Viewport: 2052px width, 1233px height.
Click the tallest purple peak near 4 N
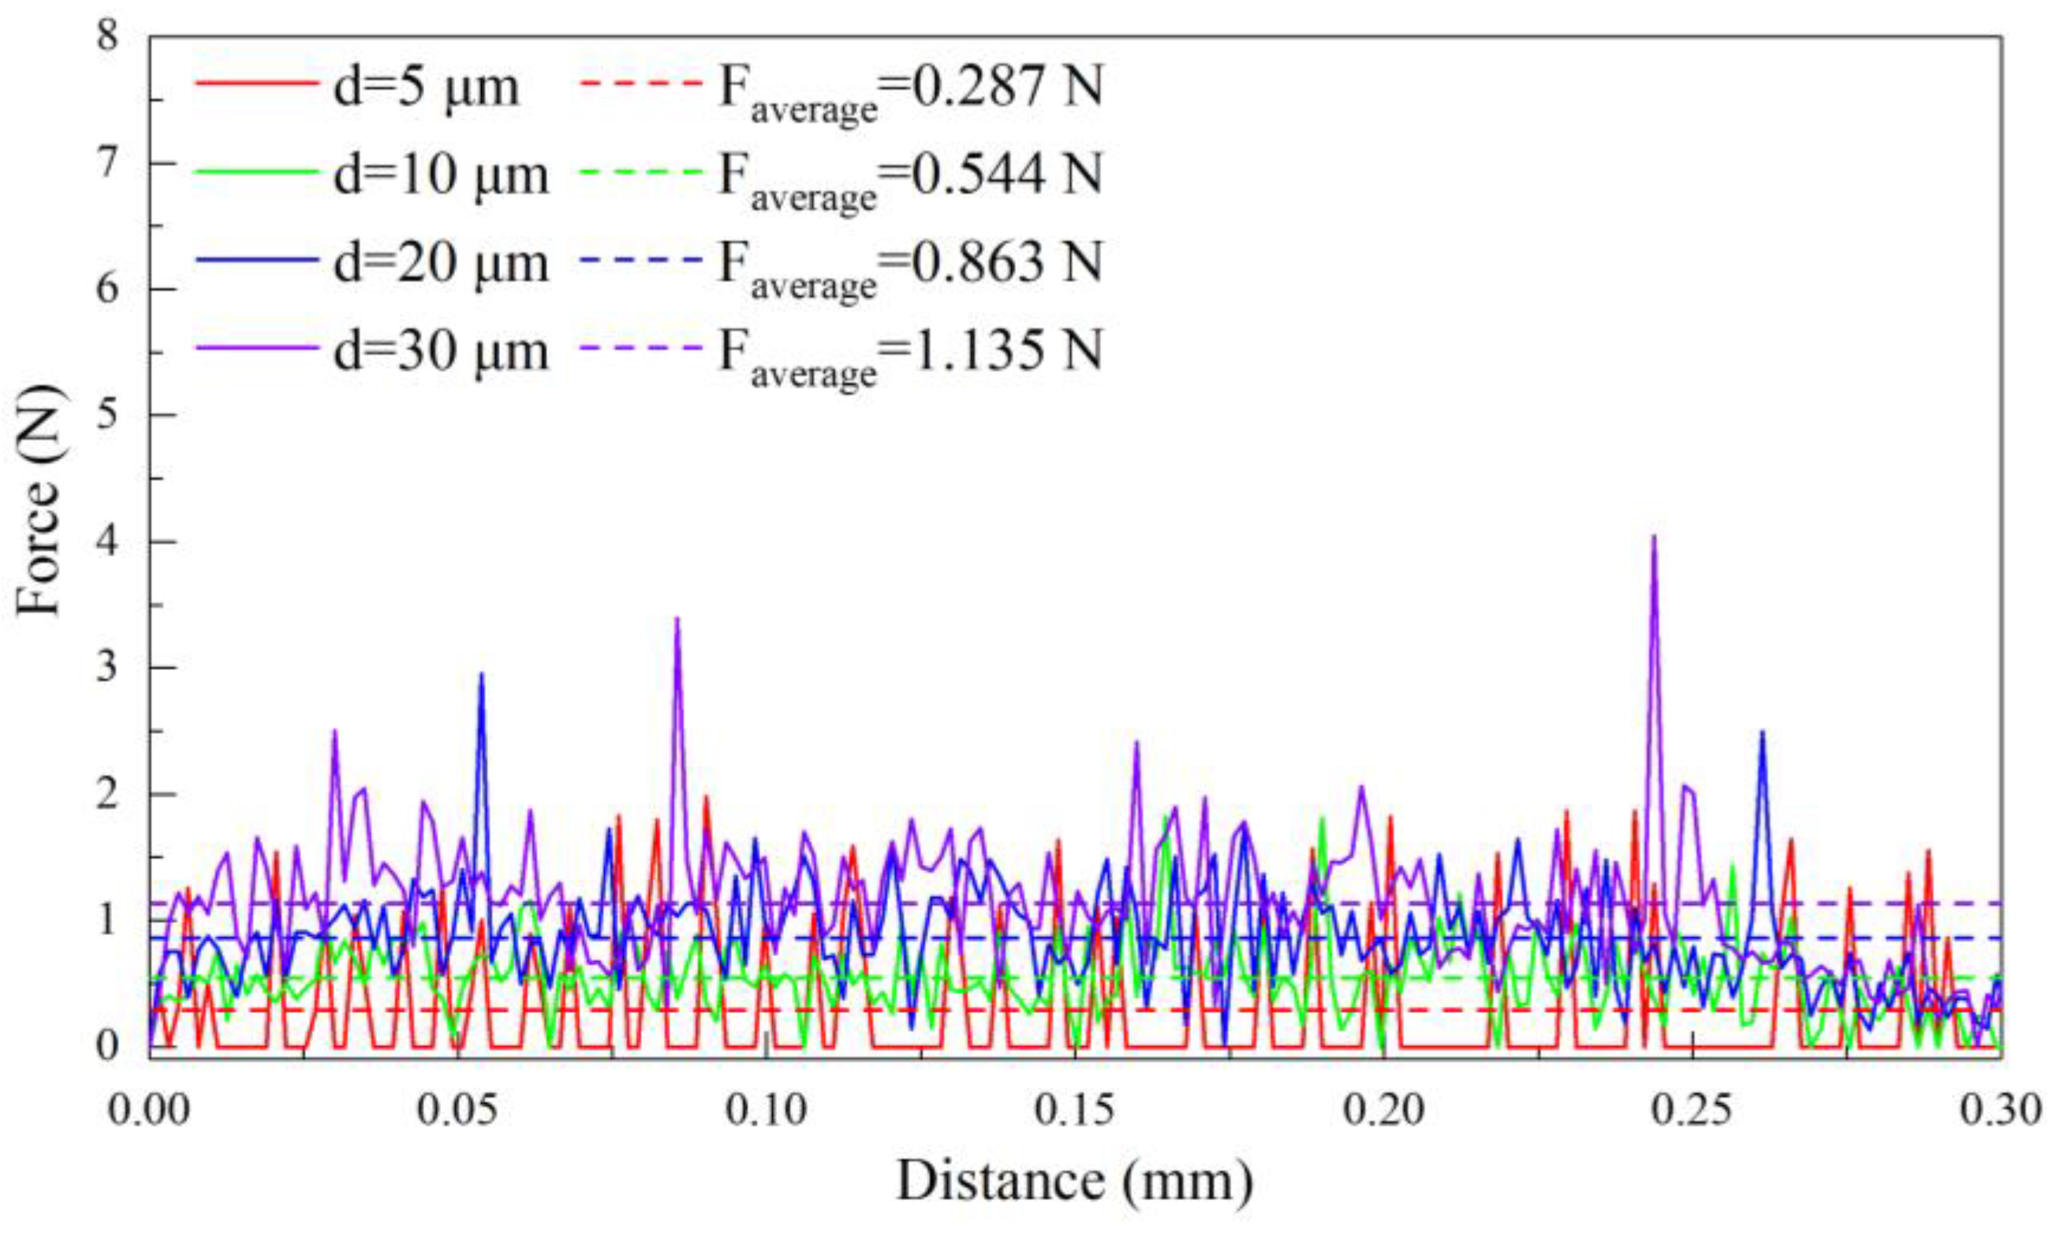pos(1653,538)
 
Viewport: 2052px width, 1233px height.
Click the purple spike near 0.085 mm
pos(677,620)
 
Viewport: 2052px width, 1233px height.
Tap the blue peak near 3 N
pos(480,676)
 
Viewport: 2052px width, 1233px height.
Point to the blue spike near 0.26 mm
pos(1761,734)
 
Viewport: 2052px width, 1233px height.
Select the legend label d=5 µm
pos(427,86)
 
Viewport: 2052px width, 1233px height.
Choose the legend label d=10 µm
pos(441,174)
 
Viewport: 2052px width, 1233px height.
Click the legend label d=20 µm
pos(441,263)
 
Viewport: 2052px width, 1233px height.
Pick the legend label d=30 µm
pos(441,351)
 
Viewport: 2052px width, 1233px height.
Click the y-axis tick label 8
pos(108,36)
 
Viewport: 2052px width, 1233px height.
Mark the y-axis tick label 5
pos(108,415)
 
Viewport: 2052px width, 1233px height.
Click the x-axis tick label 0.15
pos(1075,1110)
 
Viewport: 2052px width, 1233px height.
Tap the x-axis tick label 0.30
pos(2000,1110)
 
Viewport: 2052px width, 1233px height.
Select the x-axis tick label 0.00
pos(150,1110)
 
